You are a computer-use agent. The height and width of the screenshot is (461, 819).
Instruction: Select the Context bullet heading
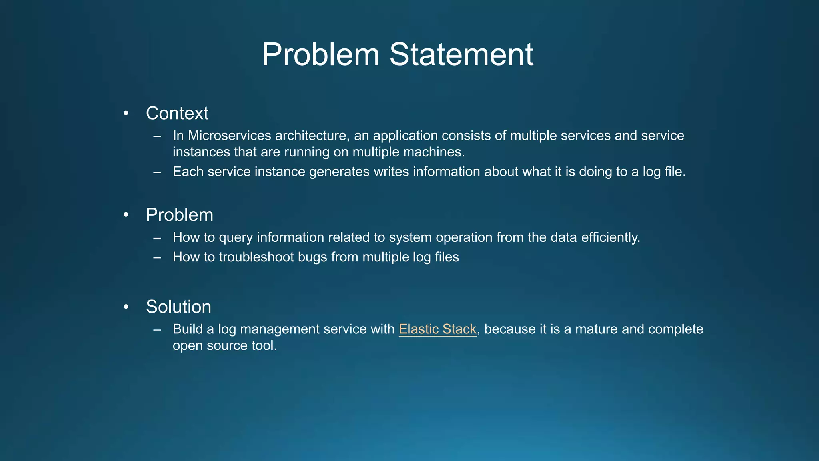coord(177,113)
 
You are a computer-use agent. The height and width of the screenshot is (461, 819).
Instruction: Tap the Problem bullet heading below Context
coord(180,215)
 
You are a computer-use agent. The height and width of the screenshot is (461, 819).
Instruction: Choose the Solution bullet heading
coord(178,307)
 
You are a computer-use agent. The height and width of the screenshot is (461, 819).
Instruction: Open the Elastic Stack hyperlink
coord(437,329)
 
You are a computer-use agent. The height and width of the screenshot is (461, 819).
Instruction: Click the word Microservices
coord(230,136)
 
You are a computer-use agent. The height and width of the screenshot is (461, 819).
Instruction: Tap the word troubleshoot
coord(256,257)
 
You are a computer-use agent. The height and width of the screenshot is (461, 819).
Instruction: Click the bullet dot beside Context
coord(126,114)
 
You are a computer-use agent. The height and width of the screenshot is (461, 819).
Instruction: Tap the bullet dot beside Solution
coord(126,307)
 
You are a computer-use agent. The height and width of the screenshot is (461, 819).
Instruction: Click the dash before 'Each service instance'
coord(157,172)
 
